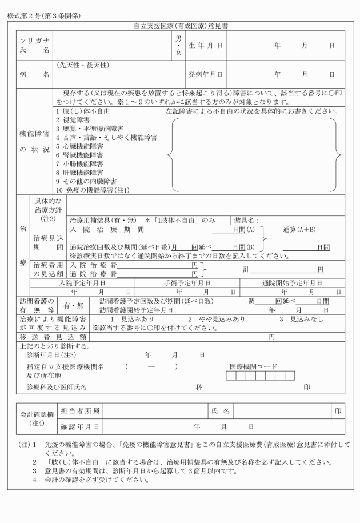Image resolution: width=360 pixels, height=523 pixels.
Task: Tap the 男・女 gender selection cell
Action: (178, 45)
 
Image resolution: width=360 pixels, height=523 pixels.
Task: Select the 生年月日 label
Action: (205, 45)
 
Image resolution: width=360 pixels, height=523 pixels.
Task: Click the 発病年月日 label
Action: (205, 74)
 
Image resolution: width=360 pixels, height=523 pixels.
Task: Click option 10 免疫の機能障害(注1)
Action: (93, 189)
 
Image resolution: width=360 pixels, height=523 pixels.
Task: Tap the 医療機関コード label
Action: (253, 366)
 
